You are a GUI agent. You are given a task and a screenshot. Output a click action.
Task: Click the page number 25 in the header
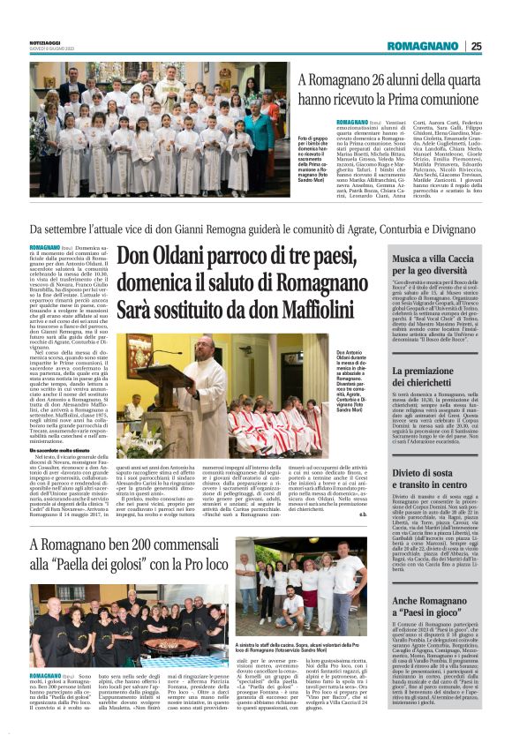[476, 46]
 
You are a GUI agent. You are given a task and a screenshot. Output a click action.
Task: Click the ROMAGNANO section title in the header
[422, 46]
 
